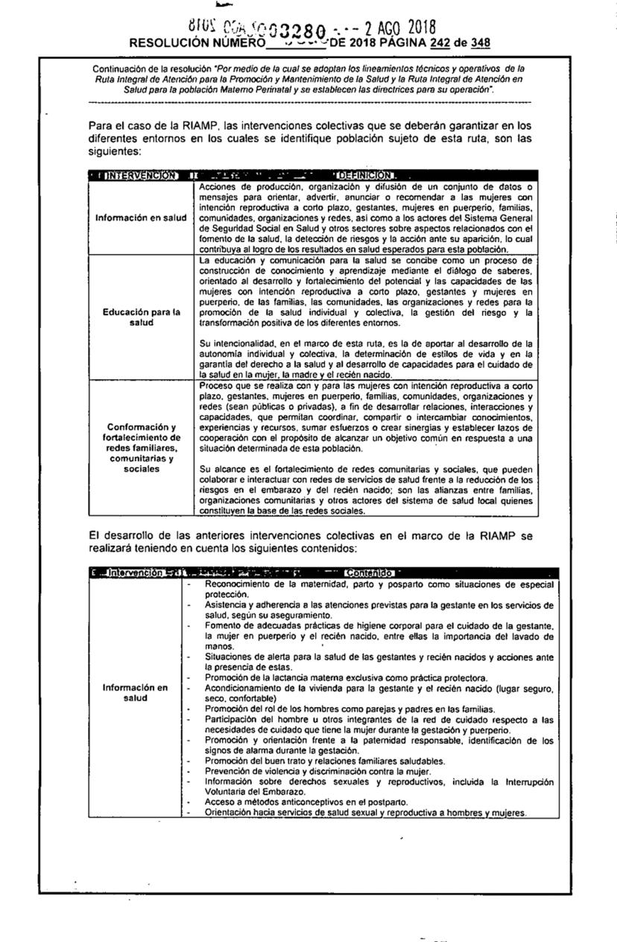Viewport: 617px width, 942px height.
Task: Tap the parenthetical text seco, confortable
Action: [238, 699]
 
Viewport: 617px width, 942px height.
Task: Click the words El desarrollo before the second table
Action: [122, 535]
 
